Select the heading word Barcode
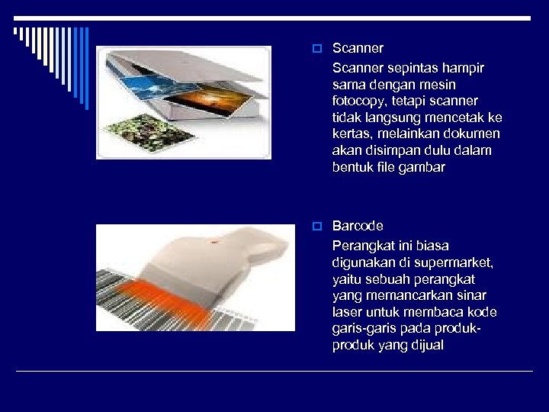coord(358,227)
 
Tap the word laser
coord(347,312)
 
